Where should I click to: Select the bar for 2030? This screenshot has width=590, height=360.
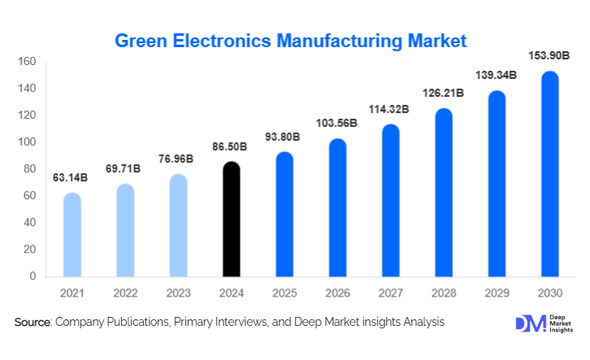(550, 174)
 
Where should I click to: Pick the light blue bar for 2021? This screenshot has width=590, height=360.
(72, 235)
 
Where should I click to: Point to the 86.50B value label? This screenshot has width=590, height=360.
(232, 148)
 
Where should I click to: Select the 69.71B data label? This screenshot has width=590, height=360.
(125, 168)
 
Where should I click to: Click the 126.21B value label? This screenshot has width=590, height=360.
(444, 92)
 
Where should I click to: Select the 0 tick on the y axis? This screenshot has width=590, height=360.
(33, 276)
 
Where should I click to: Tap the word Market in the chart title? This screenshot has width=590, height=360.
(439, 39)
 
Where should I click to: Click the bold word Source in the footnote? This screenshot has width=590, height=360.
(33, 323)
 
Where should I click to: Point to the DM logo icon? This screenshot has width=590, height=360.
(527, 323)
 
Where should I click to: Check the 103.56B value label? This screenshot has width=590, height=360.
(337, 123)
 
